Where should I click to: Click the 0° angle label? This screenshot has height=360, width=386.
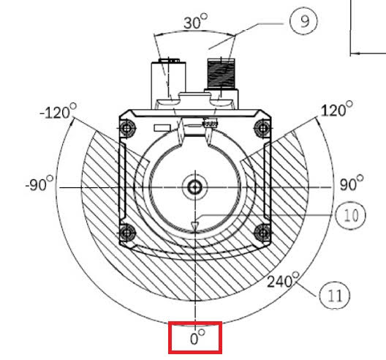tap(195, 338)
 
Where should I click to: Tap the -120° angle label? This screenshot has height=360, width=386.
tap(58, 113)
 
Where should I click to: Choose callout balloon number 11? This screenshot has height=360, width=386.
tap(334, 296)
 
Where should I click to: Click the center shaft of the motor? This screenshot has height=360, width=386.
tap(194, 187)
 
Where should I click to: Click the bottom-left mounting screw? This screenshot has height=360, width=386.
tap(129, 233)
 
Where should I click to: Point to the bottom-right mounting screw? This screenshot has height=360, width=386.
tap(262, 233)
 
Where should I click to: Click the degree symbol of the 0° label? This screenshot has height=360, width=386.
tap(203, 333)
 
